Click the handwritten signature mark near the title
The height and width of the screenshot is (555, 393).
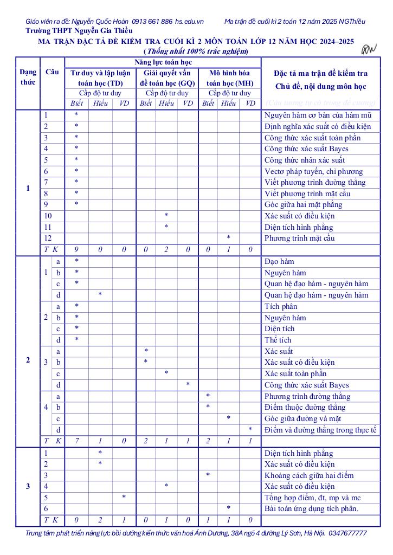[x=369, y=50]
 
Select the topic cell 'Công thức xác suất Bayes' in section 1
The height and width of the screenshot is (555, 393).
[x=306, y=149]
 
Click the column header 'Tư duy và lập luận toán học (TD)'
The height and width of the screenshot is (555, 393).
[x=100, y=78]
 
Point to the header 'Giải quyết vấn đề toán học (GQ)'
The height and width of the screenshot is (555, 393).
[x=167, y=78]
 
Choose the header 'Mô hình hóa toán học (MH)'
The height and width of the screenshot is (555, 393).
[x=229, y=78]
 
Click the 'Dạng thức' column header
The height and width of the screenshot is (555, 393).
[x=28, y=78]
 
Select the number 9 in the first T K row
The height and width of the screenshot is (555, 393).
[x=76, y=250]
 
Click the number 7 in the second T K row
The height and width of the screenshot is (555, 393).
[x=76, y=441]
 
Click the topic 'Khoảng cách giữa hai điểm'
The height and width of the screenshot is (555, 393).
[x=309, y=475]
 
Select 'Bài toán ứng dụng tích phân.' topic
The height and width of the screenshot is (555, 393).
[x=312, y=508]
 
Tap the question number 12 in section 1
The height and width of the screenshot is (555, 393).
[x=48, y=238]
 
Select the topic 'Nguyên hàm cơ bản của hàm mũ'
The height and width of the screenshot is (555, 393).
[x=317, y=115]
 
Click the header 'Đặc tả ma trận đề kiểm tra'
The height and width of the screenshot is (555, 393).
[x=321, y=73]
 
